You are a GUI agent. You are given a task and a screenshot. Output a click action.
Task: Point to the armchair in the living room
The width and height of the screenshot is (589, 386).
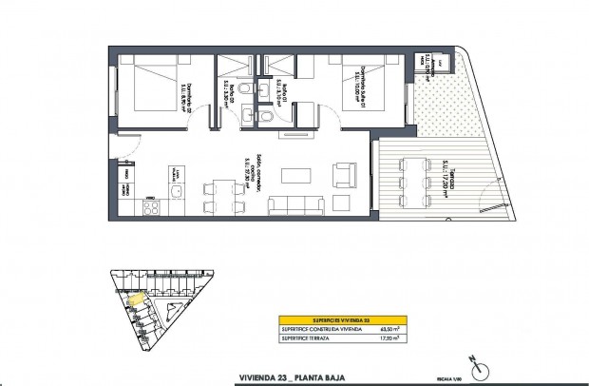341,175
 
